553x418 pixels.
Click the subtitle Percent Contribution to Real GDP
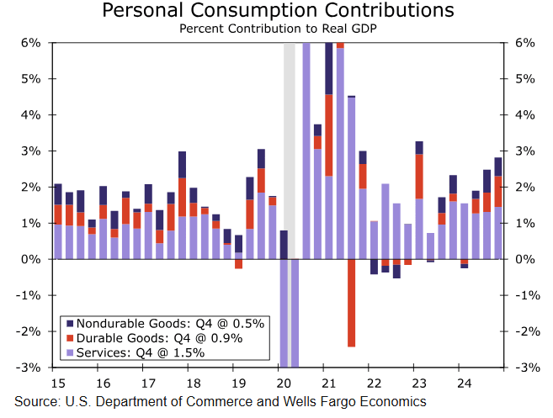277,28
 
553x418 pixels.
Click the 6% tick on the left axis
31,43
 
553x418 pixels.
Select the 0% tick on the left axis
31,260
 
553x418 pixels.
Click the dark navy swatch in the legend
68,323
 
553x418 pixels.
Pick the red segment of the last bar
497,191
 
